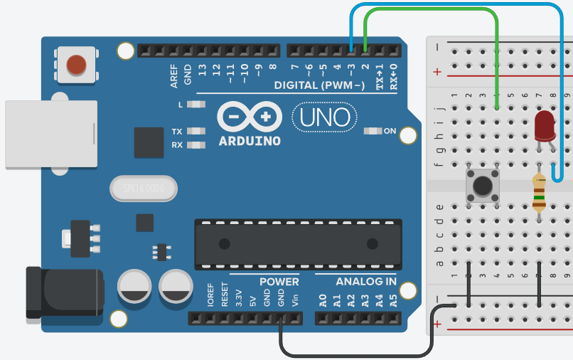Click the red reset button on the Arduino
pos(77,65)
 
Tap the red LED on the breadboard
pos(545,126)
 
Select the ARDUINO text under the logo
pos(250,140)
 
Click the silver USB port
pos(50,134)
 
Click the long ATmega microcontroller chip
pos(297,244)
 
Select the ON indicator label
pos(390,131)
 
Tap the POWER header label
pos(279,282)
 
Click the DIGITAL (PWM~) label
pos(319,85)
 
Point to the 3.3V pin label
pos(239,298)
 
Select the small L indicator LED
pos(197,105)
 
